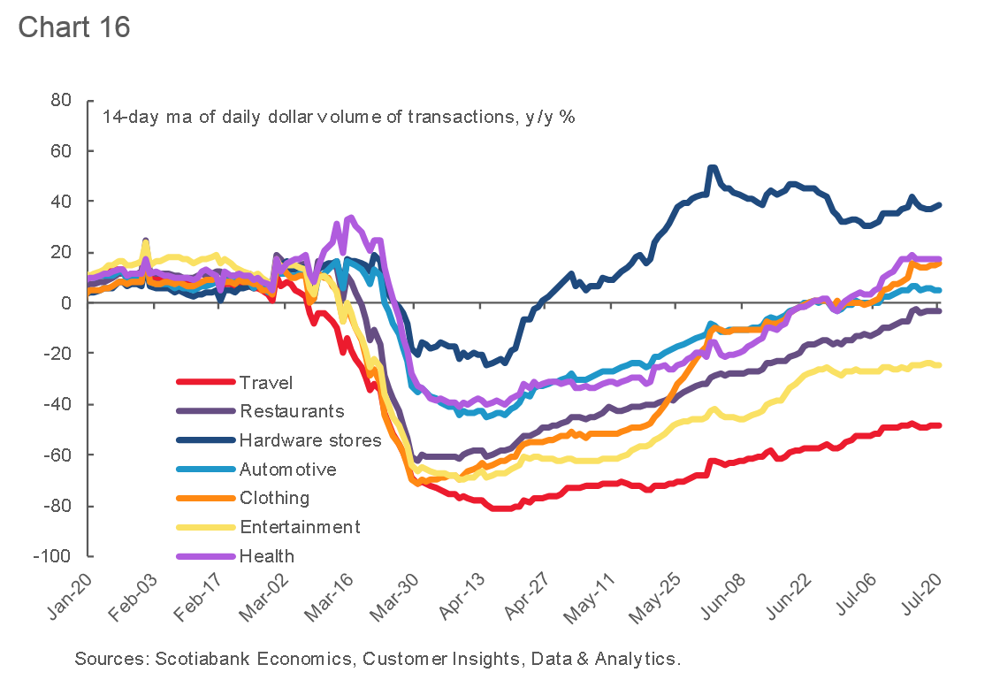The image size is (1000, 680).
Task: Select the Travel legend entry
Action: click(266, 383)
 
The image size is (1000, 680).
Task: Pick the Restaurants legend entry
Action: click(292, 411)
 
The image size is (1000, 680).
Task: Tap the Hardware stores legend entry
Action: click(310, 440)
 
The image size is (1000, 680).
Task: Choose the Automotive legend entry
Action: click(287, 470)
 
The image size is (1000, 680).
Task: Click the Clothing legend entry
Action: click(274, 499)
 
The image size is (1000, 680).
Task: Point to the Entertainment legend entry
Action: click(300, 527)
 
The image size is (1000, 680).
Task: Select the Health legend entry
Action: click(267, 556)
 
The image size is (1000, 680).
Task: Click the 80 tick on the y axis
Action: click(60, 101)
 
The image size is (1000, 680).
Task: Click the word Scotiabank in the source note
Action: click(195, 659)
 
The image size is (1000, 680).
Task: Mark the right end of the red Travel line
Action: click(939, 425)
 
